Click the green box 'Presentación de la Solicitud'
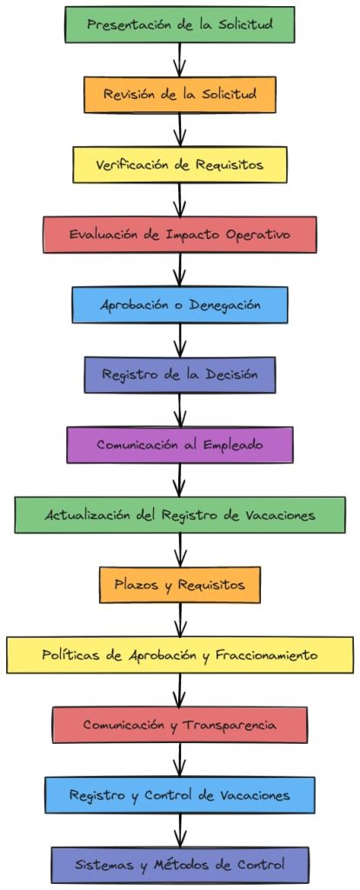180,24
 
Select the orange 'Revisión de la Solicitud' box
180,94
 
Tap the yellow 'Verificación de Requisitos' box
180,164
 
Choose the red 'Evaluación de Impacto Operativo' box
180,235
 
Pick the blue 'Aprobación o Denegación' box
180,305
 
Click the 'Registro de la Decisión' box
180,375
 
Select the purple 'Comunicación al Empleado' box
180,444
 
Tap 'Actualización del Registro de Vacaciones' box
180,515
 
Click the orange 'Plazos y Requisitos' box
180,585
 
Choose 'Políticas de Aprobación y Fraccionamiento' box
180,654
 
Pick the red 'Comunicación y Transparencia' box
180,725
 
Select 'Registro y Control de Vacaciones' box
180,794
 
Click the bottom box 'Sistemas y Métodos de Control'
180,865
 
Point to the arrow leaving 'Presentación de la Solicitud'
180,59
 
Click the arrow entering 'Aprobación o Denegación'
180,270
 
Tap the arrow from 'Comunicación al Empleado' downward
180,480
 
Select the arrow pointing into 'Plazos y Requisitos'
180,550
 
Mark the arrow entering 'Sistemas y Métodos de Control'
180,830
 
